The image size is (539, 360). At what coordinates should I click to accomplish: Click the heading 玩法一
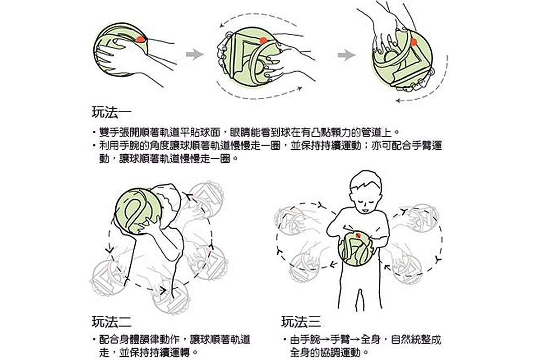click(x=112, y=113)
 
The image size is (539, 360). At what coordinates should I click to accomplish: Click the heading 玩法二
click(x=112, y=322)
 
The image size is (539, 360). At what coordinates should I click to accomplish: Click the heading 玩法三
click(x=301, y=322)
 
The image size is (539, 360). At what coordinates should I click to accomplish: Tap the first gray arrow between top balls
click(x=195, y=54)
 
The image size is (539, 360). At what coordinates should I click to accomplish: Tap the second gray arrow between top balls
click(x=347, y=55)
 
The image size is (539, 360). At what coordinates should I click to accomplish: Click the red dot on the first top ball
click(x=141, y=39)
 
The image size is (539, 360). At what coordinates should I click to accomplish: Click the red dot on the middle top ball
click(x=264, y=40)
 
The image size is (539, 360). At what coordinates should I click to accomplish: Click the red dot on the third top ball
click(x=414, y=42)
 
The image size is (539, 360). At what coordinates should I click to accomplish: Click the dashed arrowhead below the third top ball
click(x=398, y=101)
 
